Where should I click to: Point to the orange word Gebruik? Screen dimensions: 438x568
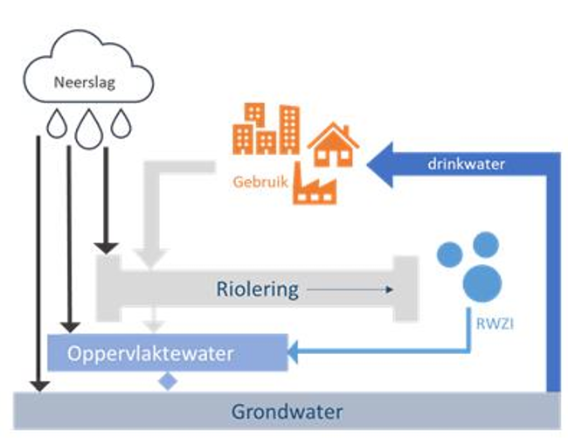[x=260, y=184]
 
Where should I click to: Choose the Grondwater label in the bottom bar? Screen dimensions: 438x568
[x=287, y=411]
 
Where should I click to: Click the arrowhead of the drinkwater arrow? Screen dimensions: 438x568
[x=383, y=163]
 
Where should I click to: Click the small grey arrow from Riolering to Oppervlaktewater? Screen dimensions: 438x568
[x=156, y=321]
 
